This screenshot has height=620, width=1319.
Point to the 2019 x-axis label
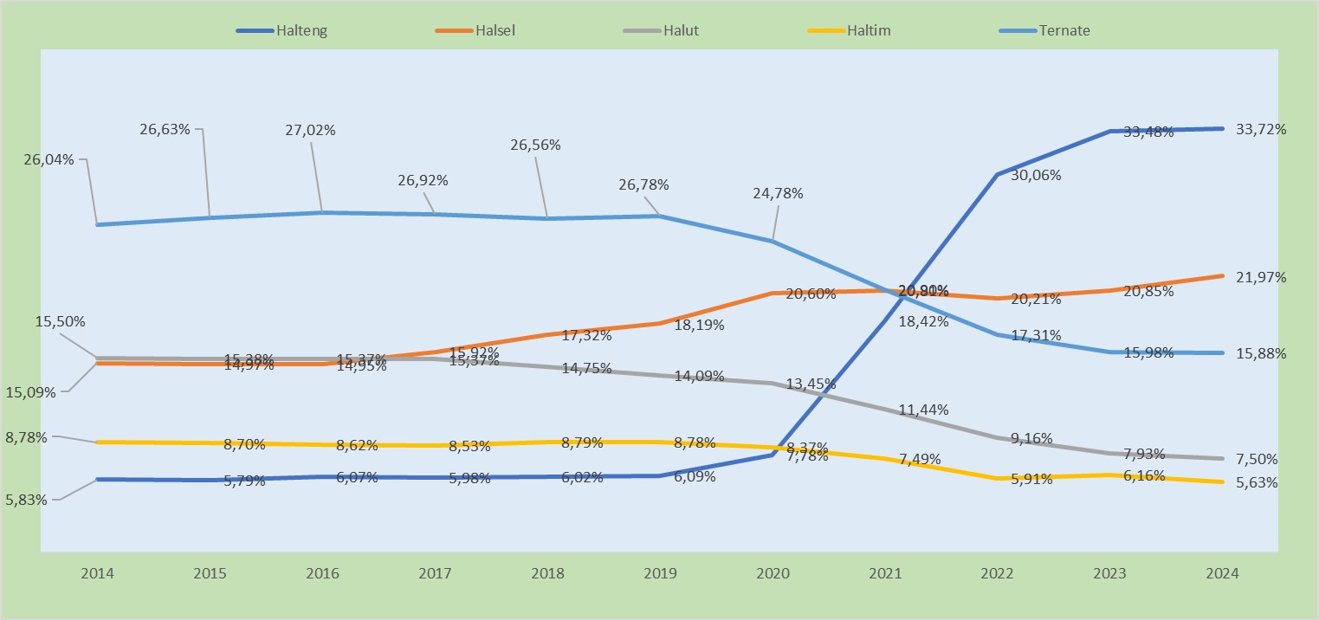[x=659, y=574]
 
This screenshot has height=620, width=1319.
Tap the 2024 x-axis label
[x=1222, y=574]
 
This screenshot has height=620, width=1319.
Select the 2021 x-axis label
[x=884, y=574]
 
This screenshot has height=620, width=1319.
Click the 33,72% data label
[x=1261, y=130]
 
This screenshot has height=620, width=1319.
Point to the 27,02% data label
[x=310, y=130]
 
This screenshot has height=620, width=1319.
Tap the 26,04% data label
[x=51, y=159]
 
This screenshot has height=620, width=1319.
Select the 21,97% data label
[x=1261, y=277]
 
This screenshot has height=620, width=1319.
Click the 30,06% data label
[x=1030, y=175]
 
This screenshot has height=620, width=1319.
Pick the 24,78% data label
[x=778, y=193]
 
